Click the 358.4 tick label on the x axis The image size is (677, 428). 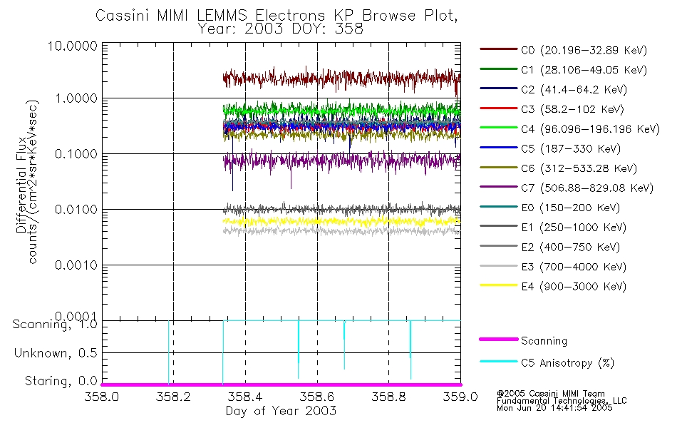[x=245, y=397]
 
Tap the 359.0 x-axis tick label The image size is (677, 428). [x=460, y=397]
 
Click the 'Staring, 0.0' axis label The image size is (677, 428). [x=59, y=381]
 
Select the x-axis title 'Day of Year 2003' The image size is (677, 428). [x=281, y=411]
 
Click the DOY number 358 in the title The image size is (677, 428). [x=349, y=29]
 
